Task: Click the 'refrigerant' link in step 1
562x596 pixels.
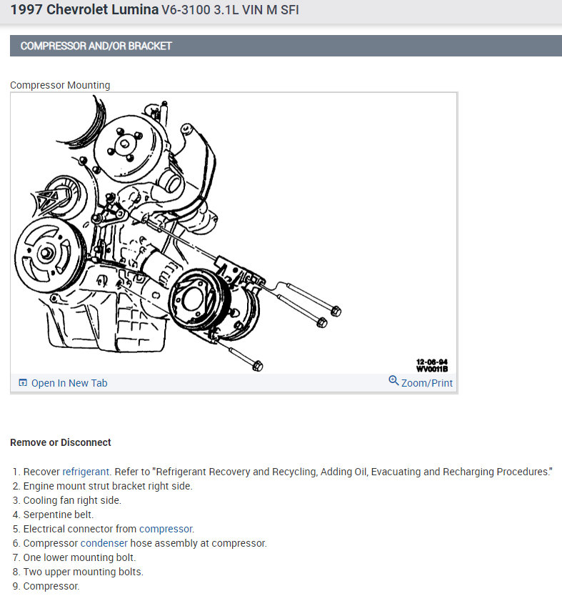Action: (86, 472)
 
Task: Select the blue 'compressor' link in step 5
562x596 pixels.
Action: (166, 529)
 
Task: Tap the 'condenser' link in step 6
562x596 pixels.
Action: (104, 543)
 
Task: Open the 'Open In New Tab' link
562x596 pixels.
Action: (69, 383)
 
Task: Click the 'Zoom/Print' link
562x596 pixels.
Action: (427, 383)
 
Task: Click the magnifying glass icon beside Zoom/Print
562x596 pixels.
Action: (393, 380)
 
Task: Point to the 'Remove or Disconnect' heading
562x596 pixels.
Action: (61, 442)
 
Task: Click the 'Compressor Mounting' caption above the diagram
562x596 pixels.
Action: (60, 85)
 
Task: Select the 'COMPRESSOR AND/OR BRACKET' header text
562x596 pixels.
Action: (96, 46)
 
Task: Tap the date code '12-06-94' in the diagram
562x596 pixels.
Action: (432, 362)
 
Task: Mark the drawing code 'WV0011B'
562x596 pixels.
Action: (432, 369)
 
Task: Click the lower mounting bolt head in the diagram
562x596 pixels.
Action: (258, 366)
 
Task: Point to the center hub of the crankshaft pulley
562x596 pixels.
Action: (46, 253)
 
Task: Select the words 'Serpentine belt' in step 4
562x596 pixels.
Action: (58, 515)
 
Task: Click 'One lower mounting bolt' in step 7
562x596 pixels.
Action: (79, 557)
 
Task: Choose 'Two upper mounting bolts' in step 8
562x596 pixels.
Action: (83, 572)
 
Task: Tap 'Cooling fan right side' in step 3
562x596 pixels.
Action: (72, 500)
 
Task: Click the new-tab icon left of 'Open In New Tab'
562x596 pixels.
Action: (23, 383)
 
